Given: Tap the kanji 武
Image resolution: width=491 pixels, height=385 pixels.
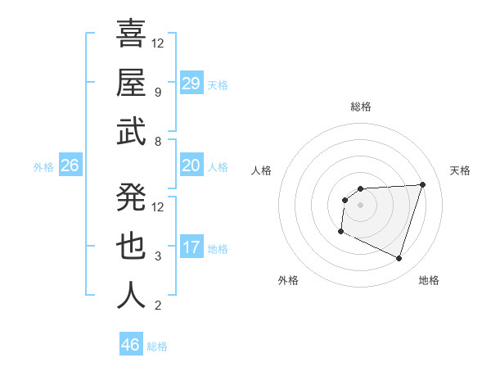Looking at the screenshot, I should click(x=131, y=132).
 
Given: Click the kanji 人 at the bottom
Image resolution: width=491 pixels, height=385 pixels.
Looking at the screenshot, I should click(x=131, y=296).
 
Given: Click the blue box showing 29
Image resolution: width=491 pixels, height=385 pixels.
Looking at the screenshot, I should click(x=191, y=84).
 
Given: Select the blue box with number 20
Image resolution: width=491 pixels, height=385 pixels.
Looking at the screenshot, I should click(x=191, y=166).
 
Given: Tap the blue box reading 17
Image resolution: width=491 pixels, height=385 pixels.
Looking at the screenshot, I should click(x=191, y=248).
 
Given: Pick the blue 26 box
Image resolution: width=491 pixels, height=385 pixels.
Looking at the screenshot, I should click(x=70, y=166).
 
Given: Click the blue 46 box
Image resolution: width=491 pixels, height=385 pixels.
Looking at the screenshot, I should click(x=131, y=345).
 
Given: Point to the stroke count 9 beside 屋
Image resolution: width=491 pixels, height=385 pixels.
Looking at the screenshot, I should click(x=158, y=93).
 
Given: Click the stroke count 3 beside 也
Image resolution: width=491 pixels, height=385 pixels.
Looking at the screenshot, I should click(x=158, y=256).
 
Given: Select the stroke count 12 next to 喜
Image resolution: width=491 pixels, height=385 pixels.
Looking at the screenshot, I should click(x=158, y=43).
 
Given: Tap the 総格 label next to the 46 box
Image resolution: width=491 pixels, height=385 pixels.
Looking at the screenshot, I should click(x=157, y=346).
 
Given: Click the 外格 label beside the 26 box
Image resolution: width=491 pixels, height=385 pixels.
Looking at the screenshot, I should click(x=43, y=167).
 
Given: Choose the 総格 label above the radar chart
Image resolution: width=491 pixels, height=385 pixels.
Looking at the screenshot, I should click(x=360, y=106).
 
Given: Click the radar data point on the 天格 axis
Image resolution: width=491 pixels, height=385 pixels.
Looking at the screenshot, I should click(x=422, y=184).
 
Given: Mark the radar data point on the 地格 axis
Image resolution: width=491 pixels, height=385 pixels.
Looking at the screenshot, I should click(x=399, y=259).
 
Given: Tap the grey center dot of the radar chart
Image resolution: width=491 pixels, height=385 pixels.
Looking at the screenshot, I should click(x=360, y=205).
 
